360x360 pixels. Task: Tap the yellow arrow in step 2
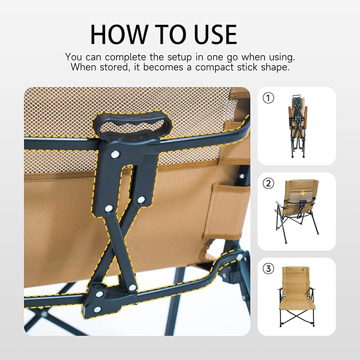pos(303,193)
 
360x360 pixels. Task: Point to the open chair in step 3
pos(297,300)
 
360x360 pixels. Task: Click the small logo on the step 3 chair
pos(297,274)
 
